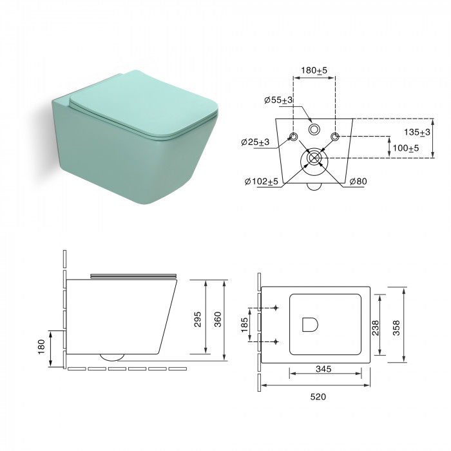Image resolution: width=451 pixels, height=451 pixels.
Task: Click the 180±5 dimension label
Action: (x=314, y=70)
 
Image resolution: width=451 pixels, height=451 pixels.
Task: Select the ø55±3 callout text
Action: (x=278, y=100)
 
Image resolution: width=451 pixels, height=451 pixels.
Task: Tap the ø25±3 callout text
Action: (x=255, y=142)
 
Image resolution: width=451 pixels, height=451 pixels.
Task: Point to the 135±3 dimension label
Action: (x=417, y=132)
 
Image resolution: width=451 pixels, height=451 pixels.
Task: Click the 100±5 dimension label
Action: (x=406, y=148)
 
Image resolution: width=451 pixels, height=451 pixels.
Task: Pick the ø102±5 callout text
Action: (x=262, y=182)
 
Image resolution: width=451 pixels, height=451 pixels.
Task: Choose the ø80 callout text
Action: (x=358, y=181)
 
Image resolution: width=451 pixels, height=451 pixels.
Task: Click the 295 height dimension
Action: (x=198, y=320)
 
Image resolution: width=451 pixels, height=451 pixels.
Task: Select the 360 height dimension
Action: (x=218, y=320)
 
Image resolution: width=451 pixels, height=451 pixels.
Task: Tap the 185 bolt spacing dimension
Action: (x=244, y=325)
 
